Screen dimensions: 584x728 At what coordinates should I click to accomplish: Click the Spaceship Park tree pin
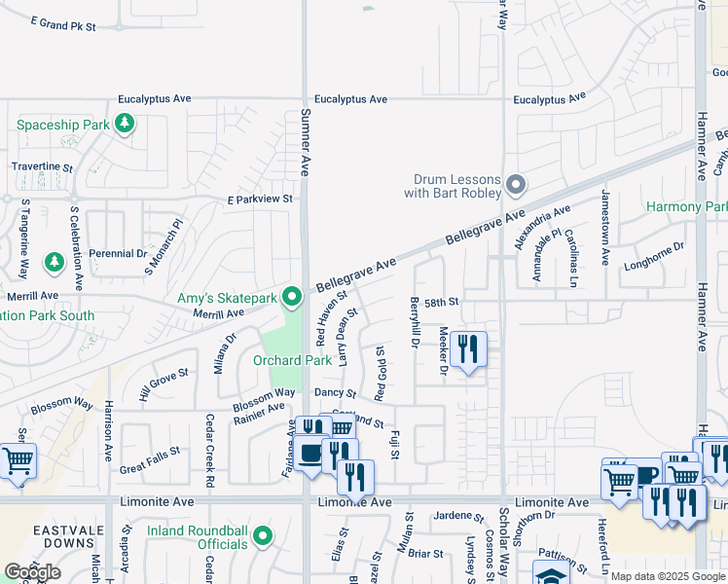[x=124, y=123]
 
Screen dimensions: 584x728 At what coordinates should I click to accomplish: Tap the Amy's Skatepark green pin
[x=291, y=295]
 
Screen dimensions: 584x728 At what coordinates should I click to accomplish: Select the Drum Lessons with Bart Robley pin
[x=516, y=183]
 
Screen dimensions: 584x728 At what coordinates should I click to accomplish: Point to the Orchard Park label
[x=293, y=360]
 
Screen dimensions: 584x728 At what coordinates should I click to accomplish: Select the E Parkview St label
[x=260, y=199]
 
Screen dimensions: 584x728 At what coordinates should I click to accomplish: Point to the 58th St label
[x=440, y=303]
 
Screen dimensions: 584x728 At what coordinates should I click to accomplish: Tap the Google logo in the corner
[x=32, y=572]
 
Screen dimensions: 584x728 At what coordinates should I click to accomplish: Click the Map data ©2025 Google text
[x=667, y=576]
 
